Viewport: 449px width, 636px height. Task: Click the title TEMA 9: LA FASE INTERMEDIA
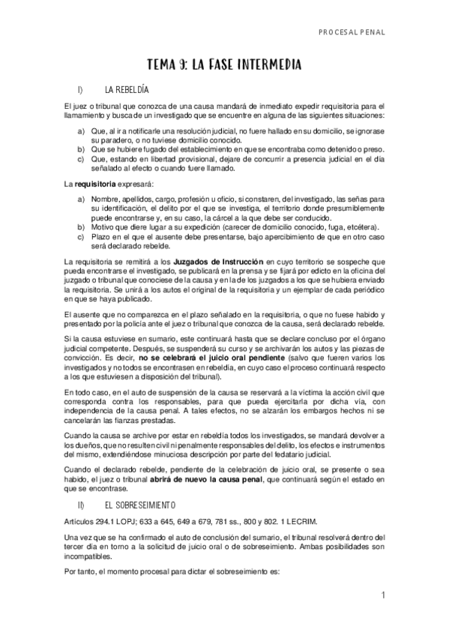coord(225,65)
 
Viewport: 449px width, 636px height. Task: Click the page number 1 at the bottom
coord(382,596)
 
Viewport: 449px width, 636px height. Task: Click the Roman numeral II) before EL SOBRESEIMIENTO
coord(80,504)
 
